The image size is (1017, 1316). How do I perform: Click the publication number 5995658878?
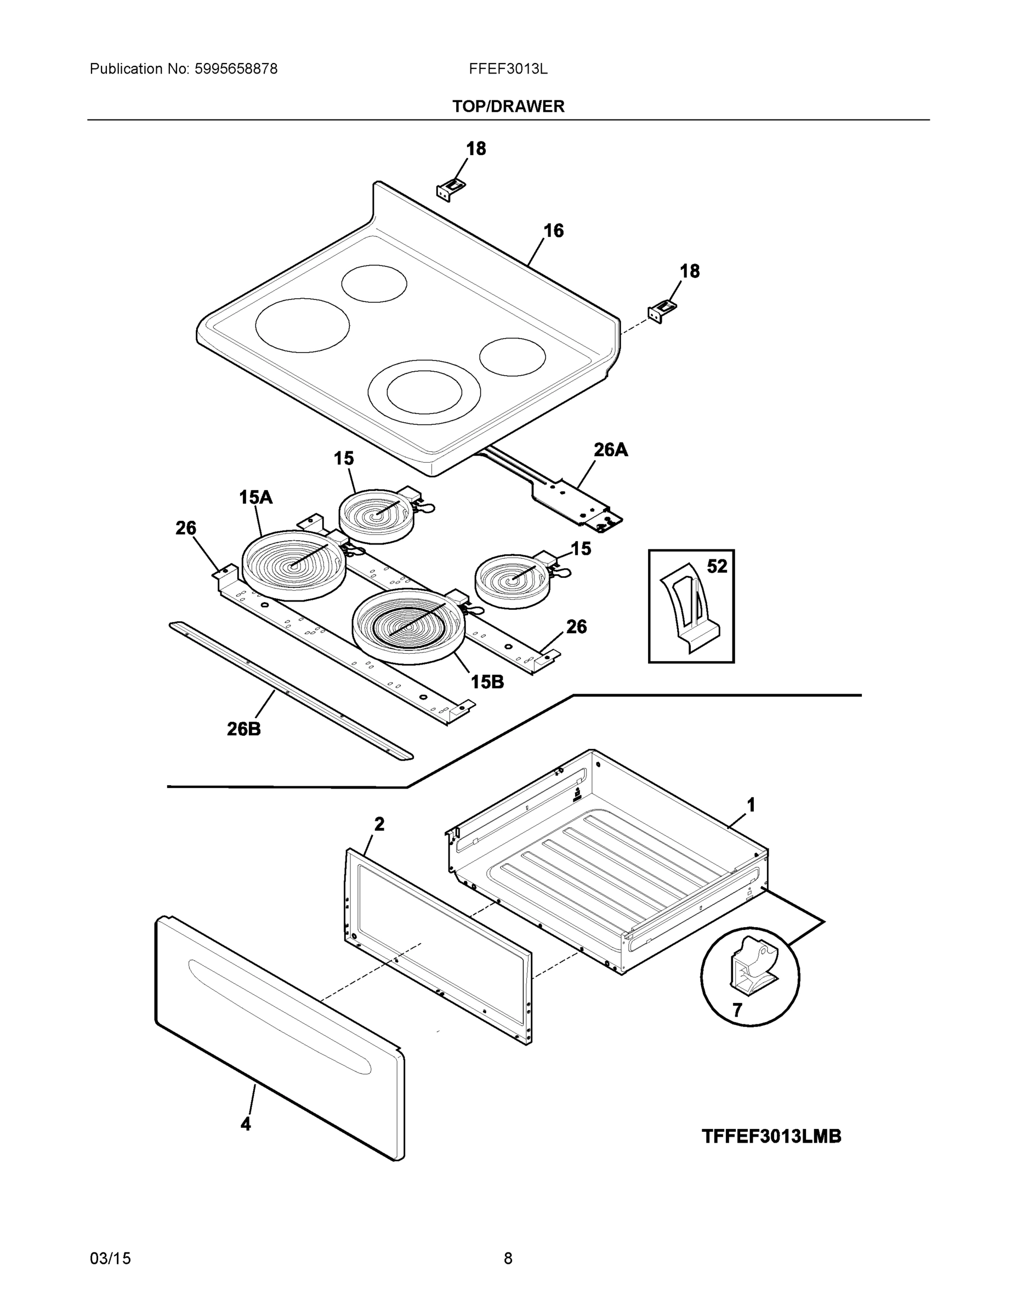(x=236, y=69)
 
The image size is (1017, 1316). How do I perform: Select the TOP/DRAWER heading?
(x=508, y=107)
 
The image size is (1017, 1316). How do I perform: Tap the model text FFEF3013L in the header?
(x=508, y=69)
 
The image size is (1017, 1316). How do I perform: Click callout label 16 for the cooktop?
(x=553, y=231)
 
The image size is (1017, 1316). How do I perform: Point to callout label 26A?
(x=610, y=450)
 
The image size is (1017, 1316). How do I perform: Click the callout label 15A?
(x=255, y=497)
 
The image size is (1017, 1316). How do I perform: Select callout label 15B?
(x=487, y=682)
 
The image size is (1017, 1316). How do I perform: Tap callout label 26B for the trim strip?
(x=243, y=729)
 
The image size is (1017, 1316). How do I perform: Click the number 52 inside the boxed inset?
(x=717, y=566)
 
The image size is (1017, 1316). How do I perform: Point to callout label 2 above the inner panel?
(x=379, y=824)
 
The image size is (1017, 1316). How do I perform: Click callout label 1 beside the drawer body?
(x=751, y=805)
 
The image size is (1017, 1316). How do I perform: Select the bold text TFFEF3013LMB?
(x=771, y=1137)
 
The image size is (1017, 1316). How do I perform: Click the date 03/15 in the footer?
(x=110, y=1258)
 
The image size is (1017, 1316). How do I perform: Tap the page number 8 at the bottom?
(x=508, y=1258)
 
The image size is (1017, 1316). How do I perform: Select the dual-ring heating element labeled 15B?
(x=408, y=627)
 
